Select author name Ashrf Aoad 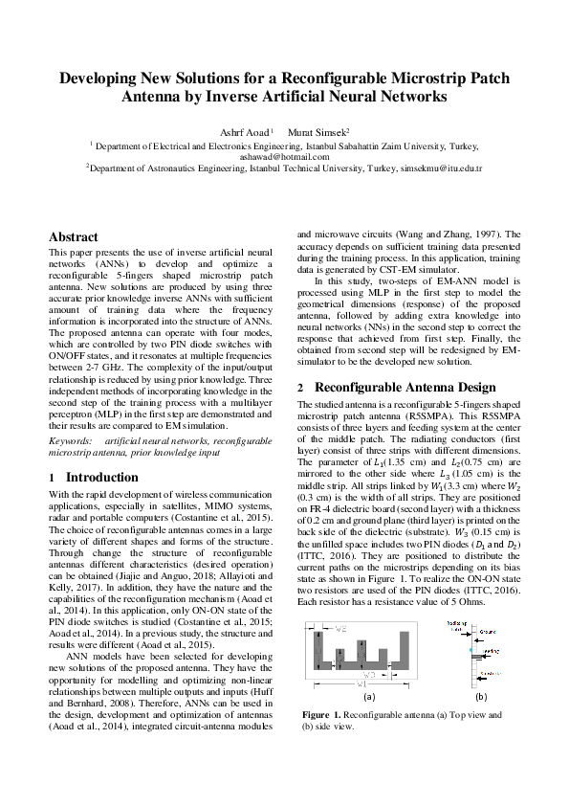tap(248, 131)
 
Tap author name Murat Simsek tap(319, 131)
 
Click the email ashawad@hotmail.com tap(284, 156)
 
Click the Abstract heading tap(74, 236)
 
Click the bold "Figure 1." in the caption tap(322, 715)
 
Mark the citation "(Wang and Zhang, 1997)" tap(458, 260)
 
